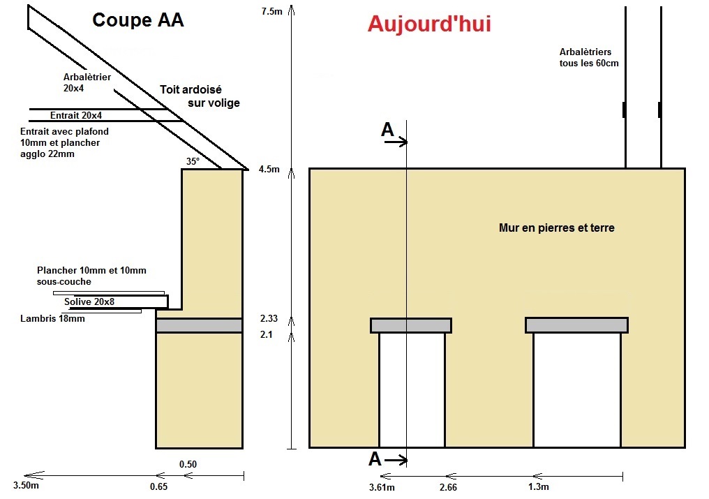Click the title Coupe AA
tap(138, 20)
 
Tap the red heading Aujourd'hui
tap(429, 24)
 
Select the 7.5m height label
tap(272, 11)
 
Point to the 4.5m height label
tap(269, 169)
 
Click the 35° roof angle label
tap(193, 161)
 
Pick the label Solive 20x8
tap(89, 301)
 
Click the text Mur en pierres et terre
tap(556, 228)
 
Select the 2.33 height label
tap(269, 318)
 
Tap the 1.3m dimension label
tap(538, 486)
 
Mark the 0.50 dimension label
tap(188, 464)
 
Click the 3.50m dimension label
tap(25, 486)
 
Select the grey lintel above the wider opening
tap(576, 325)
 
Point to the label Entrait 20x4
tap(76, 115)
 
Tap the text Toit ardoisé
tap(190, 89)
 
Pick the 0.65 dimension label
tap(158, 486)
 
